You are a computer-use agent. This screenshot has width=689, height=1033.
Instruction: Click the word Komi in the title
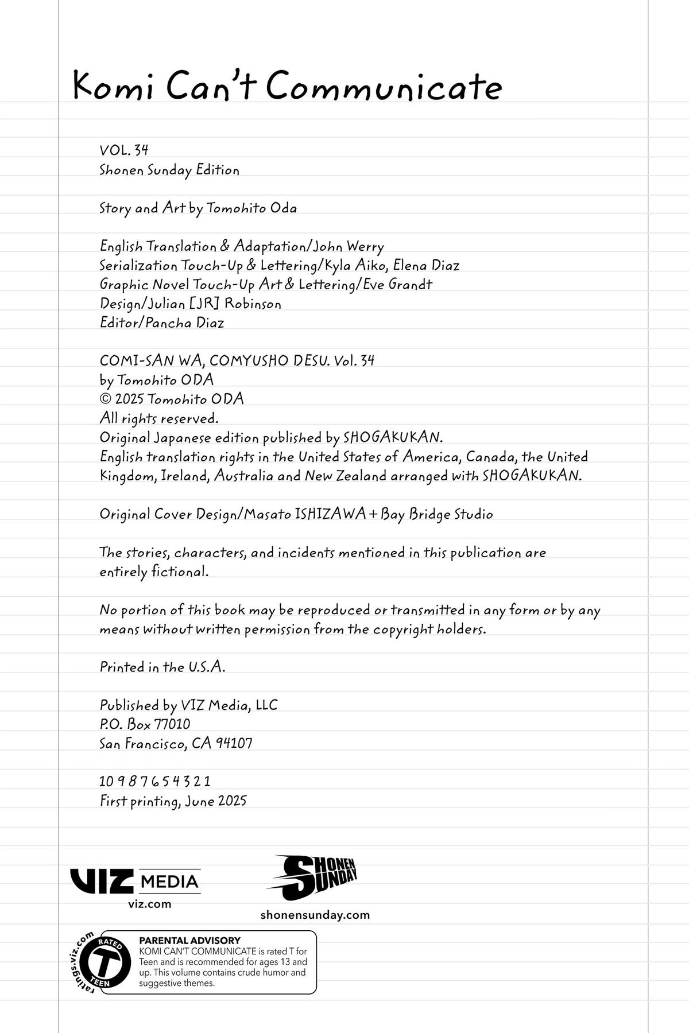114,87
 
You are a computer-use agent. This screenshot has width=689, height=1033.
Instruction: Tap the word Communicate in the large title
384,87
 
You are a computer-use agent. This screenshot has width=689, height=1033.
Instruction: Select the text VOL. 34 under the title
124,150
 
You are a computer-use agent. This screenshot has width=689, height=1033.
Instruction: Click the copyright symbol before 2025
105,399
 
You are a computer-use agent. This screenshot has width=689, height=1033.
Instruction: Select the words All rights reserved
159,418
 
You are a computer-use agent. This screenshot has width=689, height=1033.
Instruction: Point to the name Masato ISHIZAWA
305,514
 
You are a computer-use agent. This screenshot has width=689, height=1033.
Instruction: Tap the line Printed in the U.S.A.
162,667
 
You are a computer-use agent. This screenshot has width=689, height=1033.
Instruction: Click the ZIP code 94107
234,744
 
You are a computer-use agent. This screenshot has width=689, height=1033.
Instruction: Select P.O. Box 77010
145,724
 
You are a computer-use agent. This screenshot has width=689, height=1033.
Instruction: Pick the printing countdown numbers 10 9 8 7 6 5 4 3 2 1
155,782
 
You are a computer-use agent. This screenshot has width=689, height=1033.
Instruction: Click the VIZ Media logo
136,881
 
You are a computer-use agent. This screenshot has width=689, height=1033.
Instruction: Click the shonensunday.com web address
315,915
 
